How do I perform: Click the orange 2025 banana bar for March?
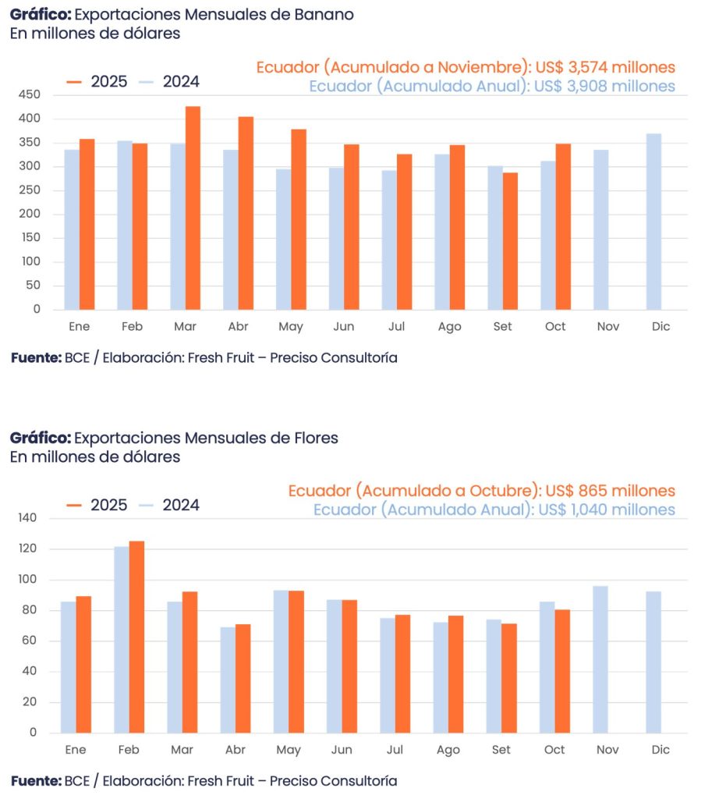click(193, 208)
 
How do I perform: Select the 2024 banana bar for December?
click(653, 222)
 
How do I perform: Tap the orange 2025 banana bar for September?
click(510, 241)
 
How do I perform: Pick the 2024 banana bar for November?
click(600, 229)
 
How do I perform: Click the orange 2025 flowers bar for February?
click(136, 637)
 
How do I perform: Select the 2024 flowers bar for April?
click(228, 680)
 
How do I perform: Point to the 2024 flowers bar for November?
click(600, 659)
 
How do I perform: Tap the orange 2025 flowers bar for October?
click(562, 671)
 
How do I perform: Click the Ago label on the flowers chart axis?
click(448, 750)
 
